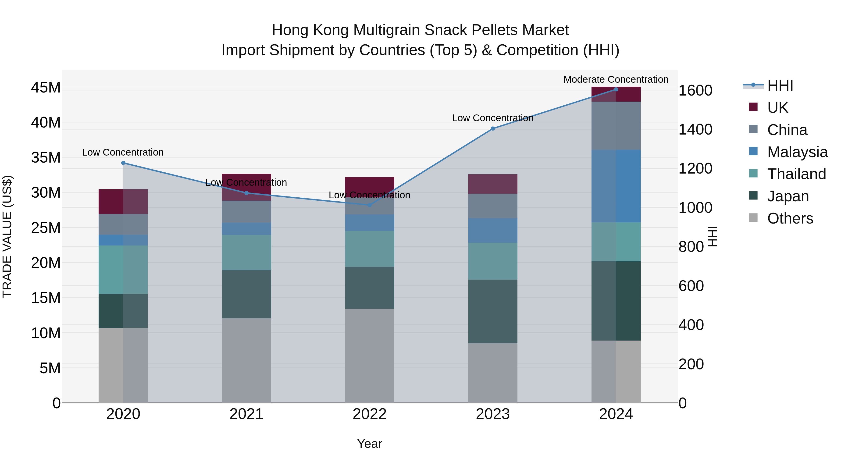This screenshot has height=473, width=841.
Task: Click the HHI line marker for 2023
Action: click(493, 129)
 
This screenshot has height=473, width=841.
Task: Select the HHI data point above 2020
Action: click(123, 163)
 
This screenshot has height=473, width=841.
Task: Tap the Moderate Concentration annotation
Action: click(616, 79)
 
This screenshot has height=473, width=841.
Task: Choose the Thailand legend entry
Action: click(796, 174)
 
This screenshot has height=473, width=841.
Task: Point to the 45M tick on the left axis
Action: click(46, 88)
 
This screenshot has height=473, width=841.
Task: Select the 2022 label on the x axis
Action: click(370, 414)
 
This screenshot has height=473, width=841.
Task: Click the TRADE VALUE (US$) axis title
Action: click(7, 236)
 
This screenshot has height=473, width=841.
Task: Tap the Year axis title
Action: click(370, 444)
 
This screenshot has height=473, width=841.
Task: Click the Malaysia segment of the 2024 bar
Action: click(616, 186)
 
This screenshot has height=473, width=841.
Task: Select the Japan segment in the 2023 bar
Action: click(493, 311)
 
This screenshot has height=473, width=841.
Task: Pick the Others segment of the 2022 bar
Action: click(370, 356)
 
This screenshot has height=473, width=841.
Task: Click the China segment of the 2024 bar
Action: click(616, 126)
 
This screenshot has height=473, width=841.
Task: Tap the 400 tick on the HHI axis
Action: click(691, 325)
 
